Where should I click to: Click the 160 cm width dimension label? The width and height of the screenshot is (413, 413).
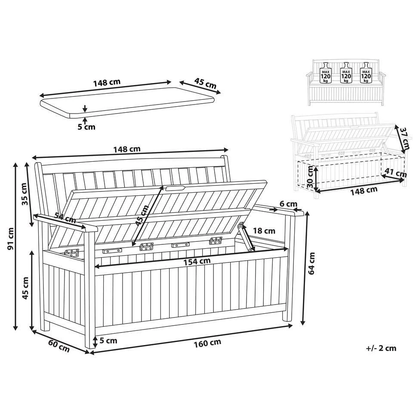click(x=207, y=343)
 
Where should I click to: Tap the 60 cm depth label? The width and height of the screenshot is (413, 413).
click(x=59, y=346)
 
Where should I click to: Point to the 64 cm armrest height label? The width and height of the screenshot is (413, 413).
click(x=311, y=263)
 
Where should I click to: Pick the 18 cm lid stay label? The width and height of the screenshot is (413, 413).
click(x=264, y=231)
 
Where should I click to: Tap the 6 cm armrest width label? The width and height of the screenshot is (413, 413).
click(x=288, y=204)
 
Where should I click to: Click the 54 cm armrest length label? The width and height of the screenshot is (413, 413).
click(x=65, y=218)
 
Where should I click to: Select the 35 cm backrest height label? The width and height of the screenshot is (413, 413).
click(x=25, y=194)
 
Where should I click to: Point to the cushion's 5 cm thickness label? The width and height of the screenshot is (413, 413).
click(x=86, y=127)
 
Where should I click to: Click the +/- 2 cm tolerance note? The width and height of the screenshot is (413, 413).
click(x=381, y=348)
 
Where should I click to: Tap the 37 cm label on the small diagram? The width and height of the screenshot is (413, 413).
click(x=405, y=138)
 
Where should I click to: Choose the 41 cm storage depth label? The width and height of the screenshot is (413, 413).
click(x=396, y=173)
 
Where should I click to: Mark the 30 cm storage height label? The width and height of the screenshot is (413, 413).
click(x=311, y=177)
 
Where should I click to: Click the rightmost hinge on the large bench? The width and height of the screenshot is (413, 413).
click(x=216, y=240)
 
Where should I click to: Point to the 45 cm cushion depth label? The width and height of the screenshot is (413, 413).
click(x=205, y=83)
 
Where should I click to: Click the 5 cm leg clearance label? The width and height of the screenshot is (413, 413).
click(x=108, y=341)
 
